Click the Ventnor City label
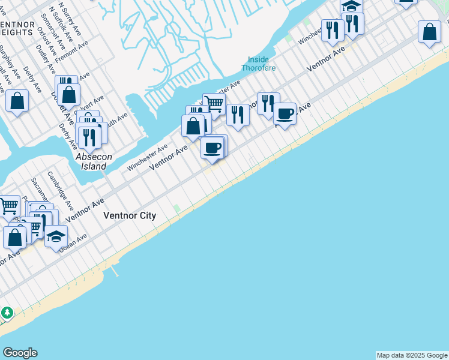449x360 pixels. [x=130, y=216]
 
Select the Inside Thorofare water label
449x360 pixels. [x=262, y=64]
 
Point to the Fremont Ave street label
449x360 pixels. [x=71, y=52]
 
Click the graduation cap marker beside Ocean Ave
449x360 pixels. [x=56, y=236]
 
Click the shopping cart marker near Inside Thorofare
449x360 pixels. [x=214, y=104]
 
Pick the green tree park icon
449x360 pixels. [x=7, y=313]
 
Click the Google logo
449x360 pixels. [x=20, y=353]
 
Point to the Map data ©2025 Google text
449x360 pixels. [x=412, y=355]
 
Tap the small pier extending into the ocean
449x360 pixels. [x=114, y=271]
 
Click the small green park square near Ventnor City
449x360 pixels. [x=176, y=209]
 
